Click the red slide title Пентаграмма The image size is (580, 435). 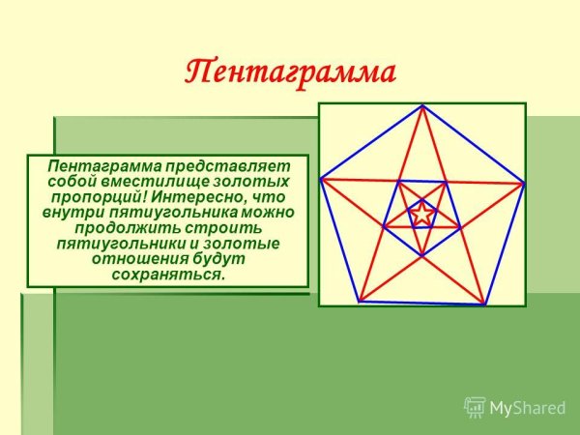pos(290,72)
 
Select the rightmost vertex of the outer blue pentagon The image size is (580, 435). pos(524,182)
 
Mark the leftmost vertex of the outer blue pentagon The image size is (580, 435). pos(320,178)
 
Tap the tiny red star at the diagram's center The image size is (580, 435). pos(422,214)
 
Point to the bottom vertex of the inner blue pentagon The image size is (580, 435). pos(422,255)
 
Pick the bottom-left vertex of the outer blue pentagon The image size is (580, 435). pos(360,302)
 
